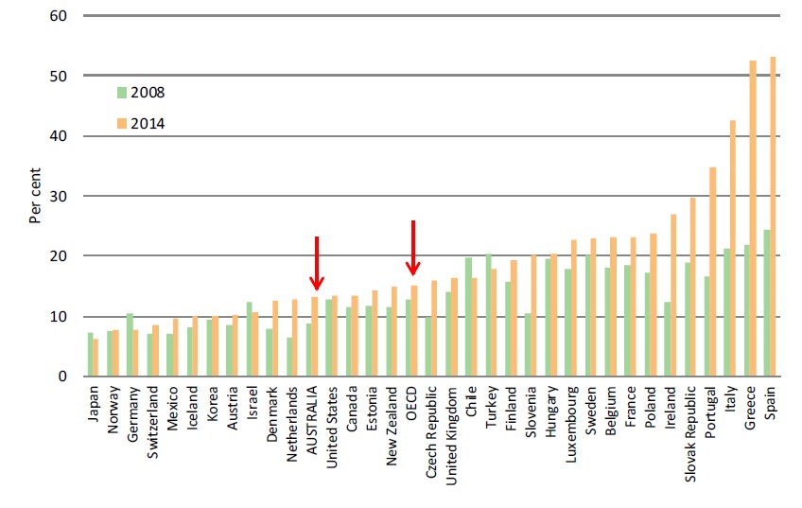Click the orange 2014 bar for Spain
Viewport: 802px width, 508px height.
click(x=774, y=217)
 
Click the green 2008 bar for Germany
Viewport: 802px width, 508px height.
click(x=130, y=345)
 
